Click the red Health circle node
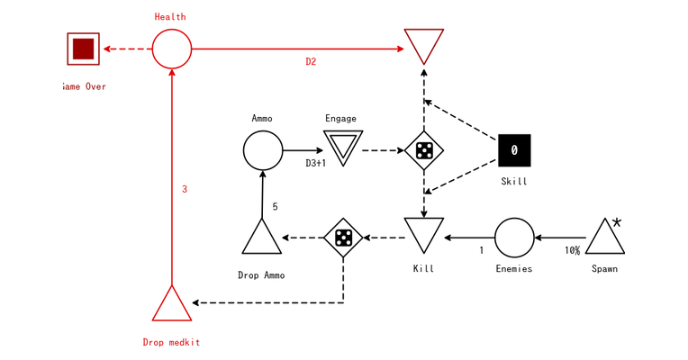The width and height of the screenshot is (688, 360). tap(171, 49)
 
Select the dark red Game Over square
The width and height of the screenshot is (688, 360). tap(83, 49)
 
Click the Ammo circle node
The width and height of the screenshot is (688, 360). tap(263, 149)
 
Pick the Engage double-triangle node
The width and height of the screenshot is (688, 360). tap(343, 146)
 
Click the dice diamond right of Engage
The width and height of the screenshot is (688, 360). tap(423, 150)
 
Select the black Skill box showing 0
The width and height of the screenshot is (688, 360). tap(514, 150)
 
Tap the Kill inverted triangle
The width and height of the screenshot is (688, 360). tap(423, 234)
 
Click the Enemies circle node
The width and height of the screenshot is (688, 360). tap(514, 238)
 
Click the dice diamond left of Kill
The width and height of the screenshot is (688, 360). tap(343, 238)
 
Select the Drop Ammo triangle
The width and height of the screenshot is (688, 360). tap(262, 238)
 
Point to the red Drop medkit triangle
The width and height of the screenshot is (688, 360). tap(171, 306)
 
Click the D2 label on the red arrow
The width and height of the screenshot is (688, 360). tap(311, 62)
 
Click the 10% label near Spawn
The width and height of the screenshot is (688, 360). tap(572, 251)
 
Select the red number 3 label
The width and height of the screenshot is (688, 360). tap(185, 189)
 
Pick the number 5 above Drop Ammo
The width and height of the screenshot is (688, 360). tap(275, 207)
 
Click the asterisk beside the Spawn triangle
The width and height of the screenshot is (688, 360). tap(617, 222)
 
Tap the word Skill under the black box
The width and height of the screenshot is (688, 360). tap(514, 182)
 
